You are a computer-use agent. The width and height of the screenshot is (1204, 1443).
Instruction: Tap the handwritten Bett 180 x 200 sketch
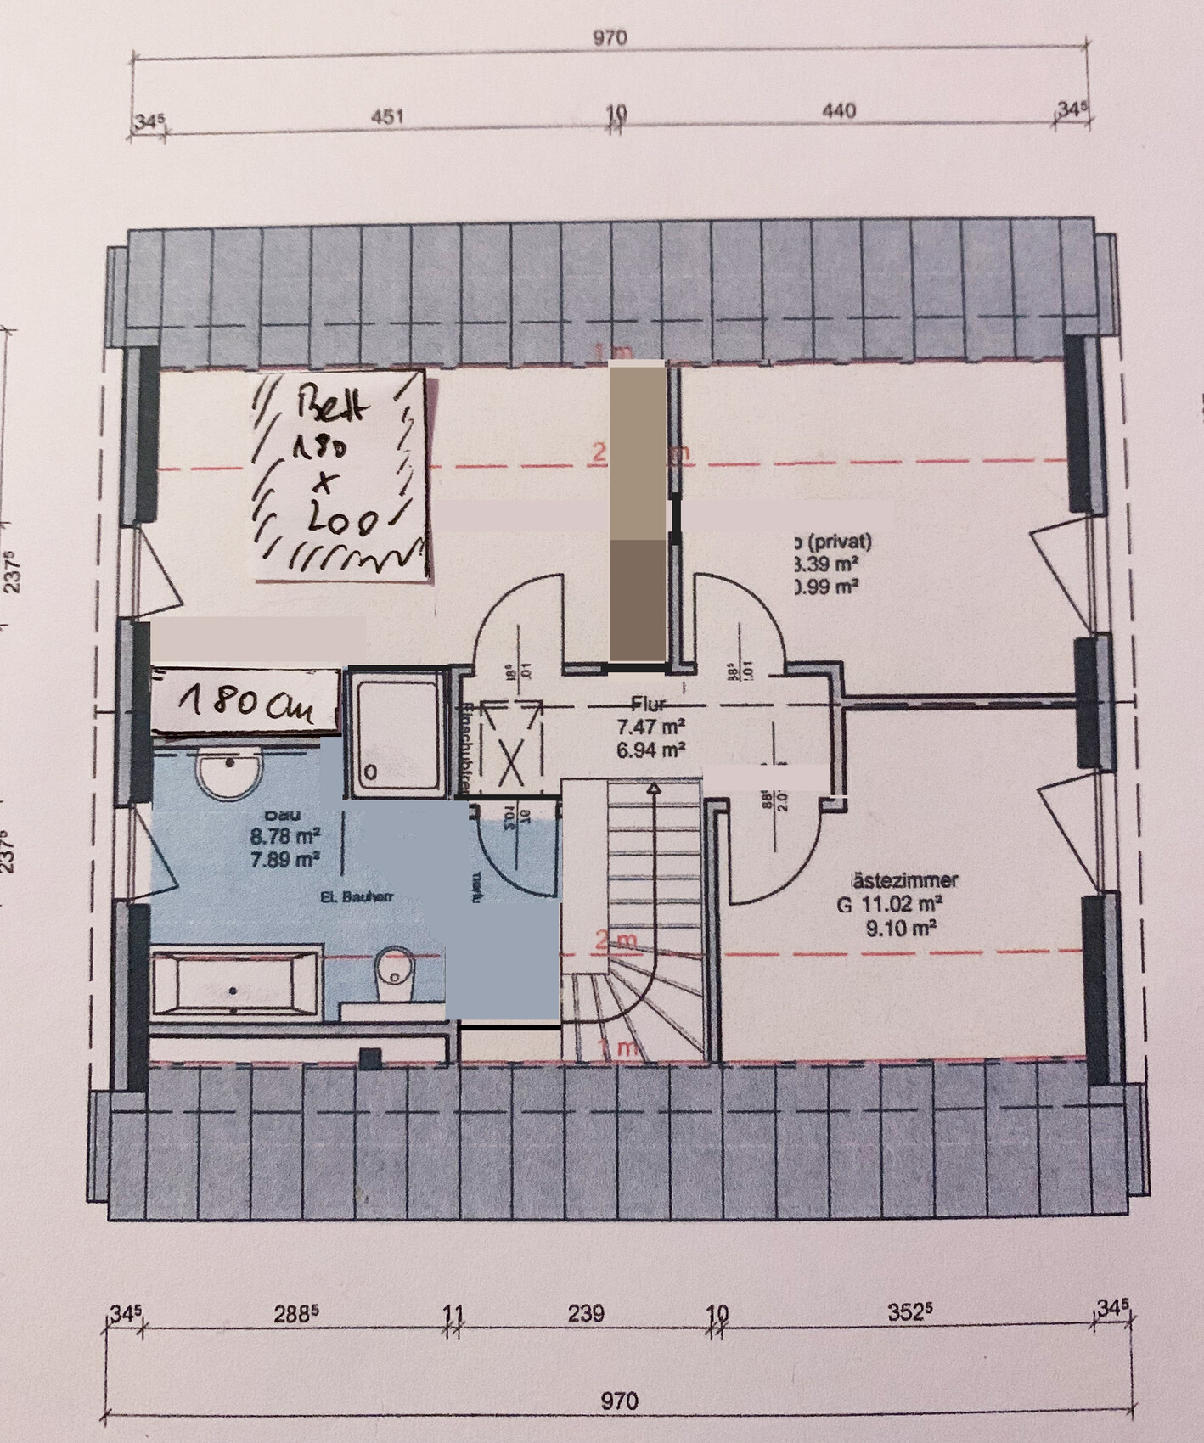(340, 475)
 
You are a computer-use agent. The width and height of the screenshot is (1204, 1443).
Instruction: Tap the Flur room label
(650, 703)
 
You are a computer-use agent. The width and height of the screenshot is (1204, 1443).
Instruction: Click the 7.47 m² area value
(650, 727)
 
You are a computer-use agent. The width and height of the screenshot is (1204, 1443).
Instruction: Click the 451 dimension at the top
(386, 116)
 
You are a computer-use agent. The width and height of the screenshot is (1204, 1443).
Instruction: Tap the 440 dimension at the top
(838, 111)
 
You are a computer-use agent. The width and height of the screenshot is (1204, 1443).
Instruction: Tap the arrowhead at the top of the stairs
(654, 789)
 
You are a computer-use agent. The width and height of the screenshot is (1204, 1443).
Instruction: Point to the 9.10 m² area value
(900, 929)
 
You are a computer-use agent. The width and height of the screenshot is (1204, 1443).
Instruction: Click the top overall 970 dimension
(610, 38)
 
